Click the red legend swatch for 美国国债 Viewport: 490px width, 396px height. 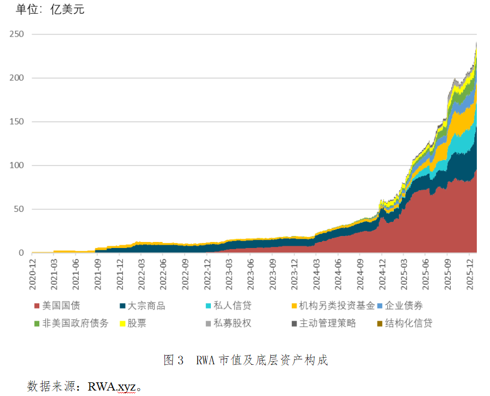tap(37, 306)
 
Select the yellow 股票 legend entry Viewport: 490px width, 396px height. tap(137, 323)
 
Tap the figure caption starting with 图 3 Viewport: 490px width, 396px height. tap(245, 360)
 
